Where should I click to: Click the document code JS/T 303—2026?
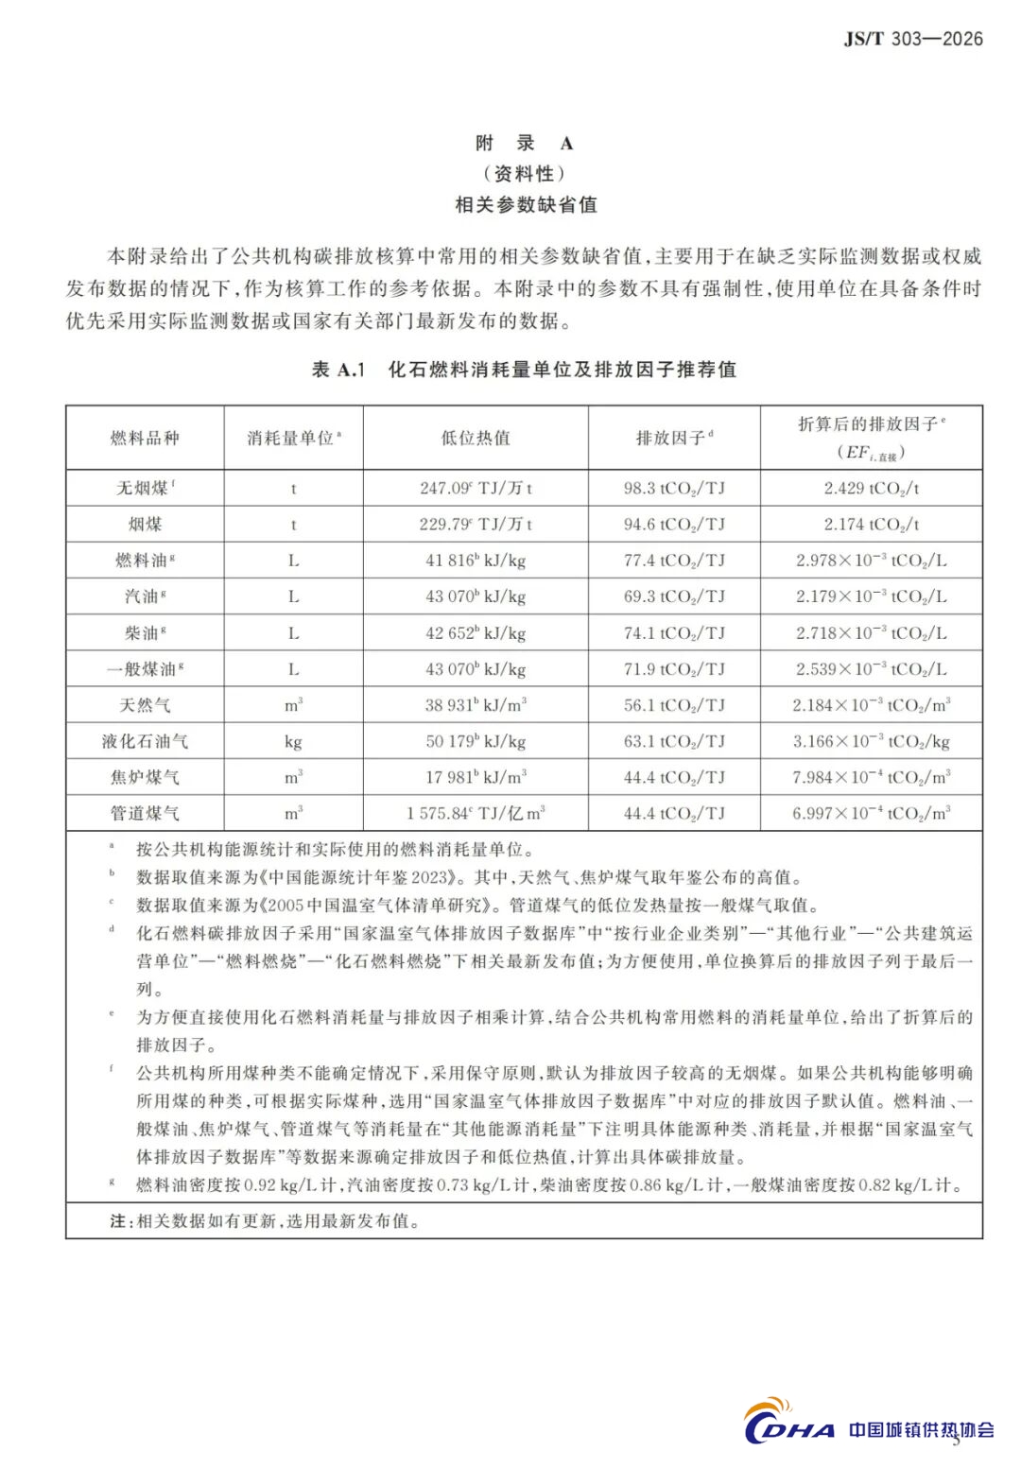[912, 39]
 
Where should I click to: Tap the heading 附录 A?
[524, 144]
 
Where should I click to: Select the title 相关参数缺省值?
[525, 204]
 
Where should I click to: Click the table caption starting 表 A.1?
[524, 370]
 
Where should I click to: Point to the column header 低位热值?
[476, 438]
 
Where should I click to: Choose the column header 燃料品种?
[145, 438]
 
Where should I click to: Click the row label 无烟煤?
[144, 489]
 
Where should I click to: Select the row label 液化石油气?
[145, 741]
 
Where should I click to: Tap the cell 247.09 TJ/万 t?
[476, 489]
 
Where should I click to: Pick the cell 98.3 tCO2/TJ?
[674, 489]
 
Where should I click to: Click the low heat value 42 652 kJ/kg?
[476, 633]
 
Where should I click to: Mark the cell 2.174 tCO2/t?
[871, 525]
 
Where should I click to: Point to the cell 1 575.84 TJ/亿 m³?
[476, 813]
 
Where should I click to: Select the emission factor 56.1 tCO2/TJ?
[674, 705]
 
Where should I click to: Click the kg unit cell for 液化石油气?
[293, 741]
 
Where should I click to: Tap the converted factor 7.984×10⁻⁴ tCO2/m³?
[871, 777]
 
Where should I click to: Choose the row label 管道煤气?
[145, 813]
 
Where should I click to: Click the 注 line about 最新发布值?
[265, 1221]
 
